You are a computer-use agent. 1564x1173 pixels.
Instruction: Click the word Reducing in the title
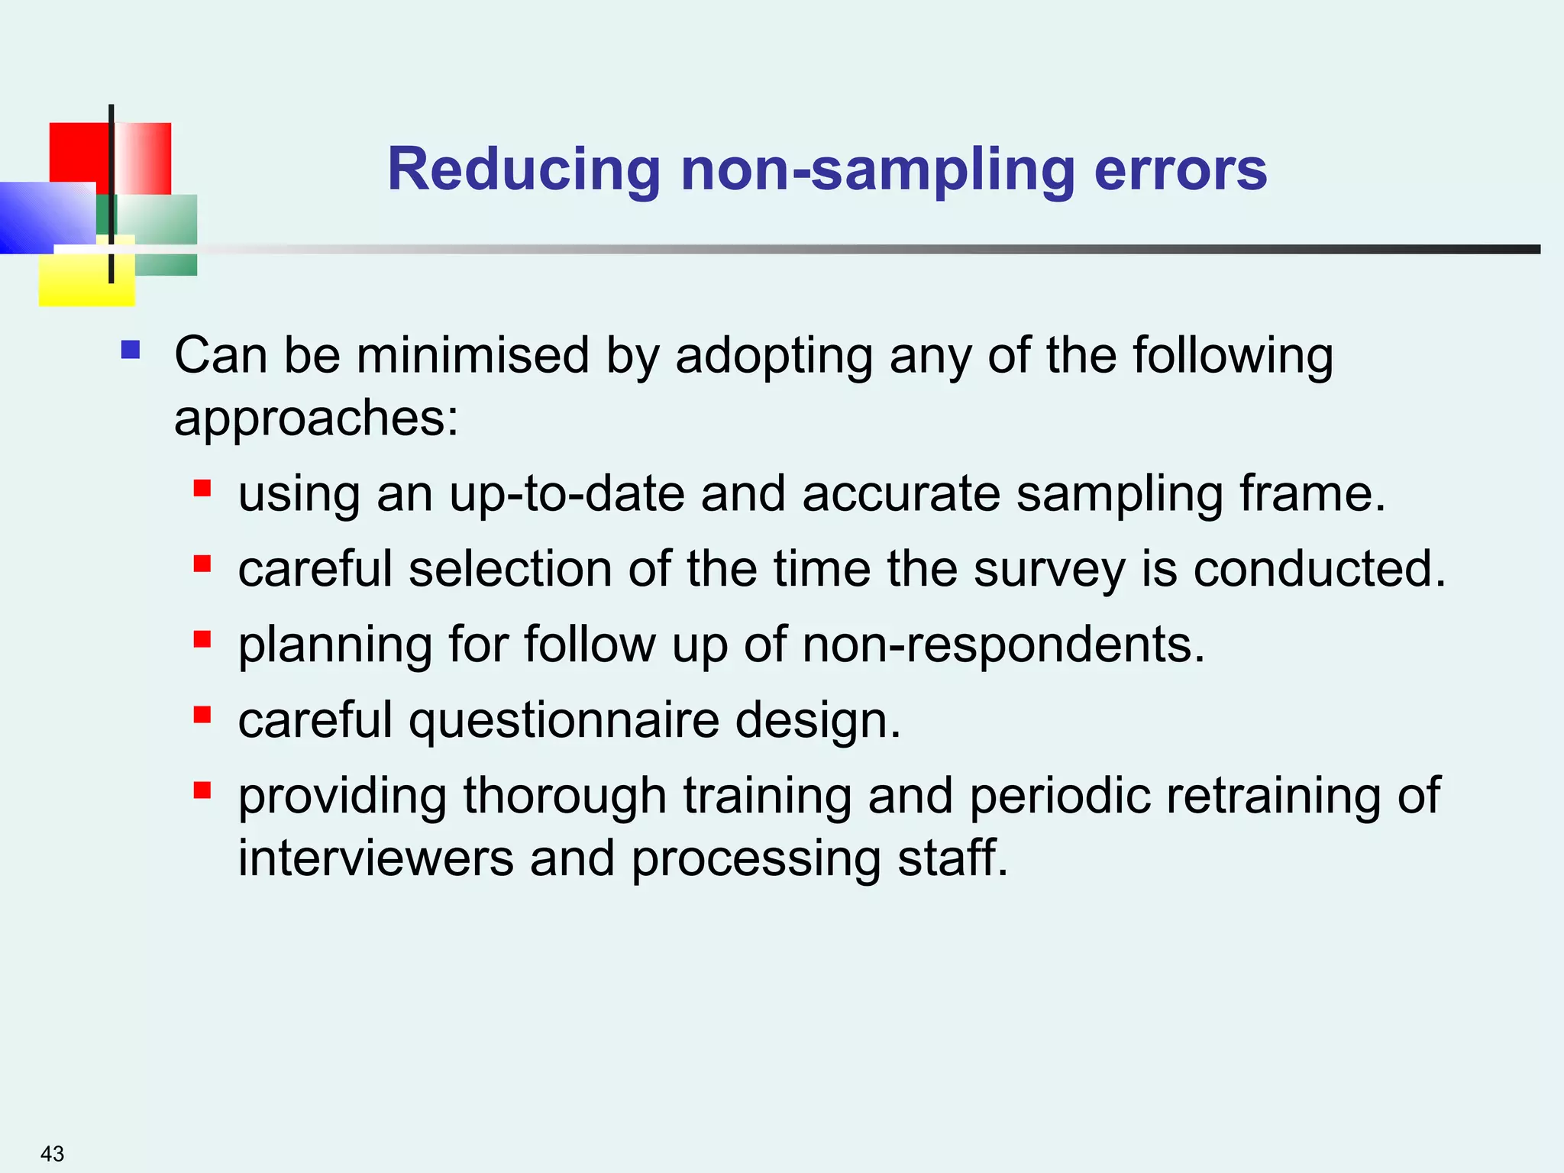pyautogui.click(x=524, y=170)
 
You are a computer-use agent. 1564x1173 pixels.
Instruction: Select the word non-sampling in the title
pyautogui.click(x=877, y=170)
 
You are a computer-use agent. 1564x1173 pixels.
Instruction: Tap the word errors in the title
pyautogui.click(x=1181, y=170)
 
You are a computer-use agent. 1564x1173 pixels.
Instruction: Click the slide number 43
pyautogui.click(x=52, y=1153)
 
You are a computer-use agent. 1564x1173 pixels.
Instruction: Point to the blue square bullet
pyautogui.click(x=131, y=350)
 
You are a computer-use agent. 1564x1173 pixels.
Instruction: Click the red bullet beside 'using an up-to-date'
pyautogui.click(x=202, y=488)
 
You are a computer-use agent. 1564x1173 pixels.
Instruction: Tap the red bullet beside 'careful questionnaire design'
pyautogui.click(x=202, y=715)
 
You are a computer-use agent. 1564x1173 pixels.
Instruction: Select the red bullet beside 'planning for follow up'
pyautogui.click(x=202, y=639)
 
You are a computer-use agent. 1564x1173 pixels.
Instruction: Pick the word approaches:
pyautogui.click(x=316, y=418)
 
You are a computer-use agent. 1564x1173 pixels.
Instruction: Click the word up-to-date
pyautogui.click(x=567, y=493)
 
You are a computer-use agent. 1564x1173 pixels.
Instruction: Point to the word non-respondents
pyautogui.click(x=1003, y=645)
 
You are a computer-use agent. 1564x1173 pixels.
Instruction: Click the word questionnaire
pyautogui.click(x=564, y=720)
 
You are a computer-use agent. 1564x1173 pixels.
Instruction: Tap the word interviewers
pyautogui.click(x=376, y=858)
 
